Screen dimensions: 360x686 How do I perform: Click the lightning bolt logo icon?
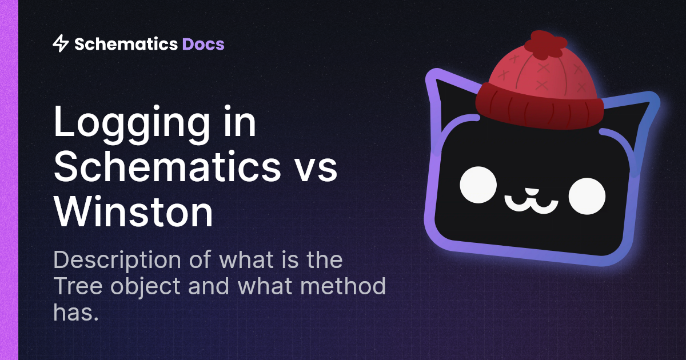pos(60,43)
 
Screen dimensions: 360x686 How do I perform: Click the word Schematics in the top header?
pos(126,44)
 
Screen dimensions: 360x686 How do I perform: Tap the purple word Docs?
pos(203,44)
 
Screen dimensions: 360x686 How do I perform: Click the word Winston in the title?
pos(133,211)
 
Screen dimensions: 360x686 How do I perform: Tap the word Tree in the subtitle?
pos(76,286)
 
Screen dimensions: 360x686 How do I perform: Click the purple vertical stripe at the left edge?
pos(9,180)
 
